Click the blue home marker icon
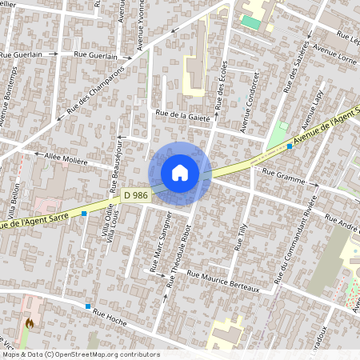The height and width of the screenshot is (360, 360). point(180,172)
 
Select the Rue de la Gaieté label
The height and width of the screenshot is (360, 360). point(182,117)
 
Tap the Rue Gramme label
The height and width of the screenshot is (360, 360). point(284,181)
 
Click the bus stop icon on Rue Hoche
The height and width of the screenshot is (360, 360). point(88,306)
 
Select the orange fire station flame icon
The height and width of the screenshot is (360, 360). point(30,323)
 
